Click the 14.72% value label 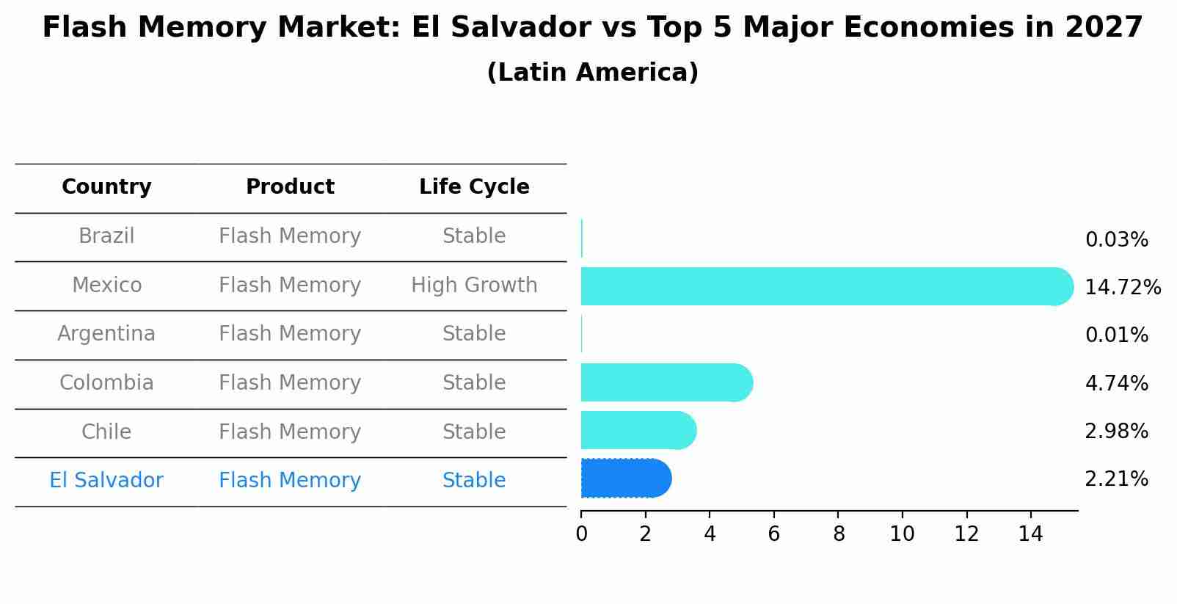(x=1122, y=288)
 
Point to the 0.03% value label (x=1116, y=240)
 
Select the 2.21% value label (x=1116, y=479)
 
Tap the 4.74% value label (x=1116, y=383)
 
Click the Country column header (x=106, y=187)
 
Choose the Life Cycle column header (x=474, y=187)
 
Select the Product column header (x=290, y=187)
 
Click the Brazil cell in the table (x=106, y=236)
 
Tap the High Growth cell (x=474, y=285)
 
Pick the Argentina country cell (x=106, y=334)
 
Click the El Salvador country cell (x=106, y=481)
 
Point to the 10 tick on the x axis (x=902, y=534)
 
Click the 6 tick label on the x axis (x=773, y=534)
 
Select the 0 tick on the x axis (x=581, y=534)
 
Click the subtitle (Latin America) (x=592, y=73)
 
